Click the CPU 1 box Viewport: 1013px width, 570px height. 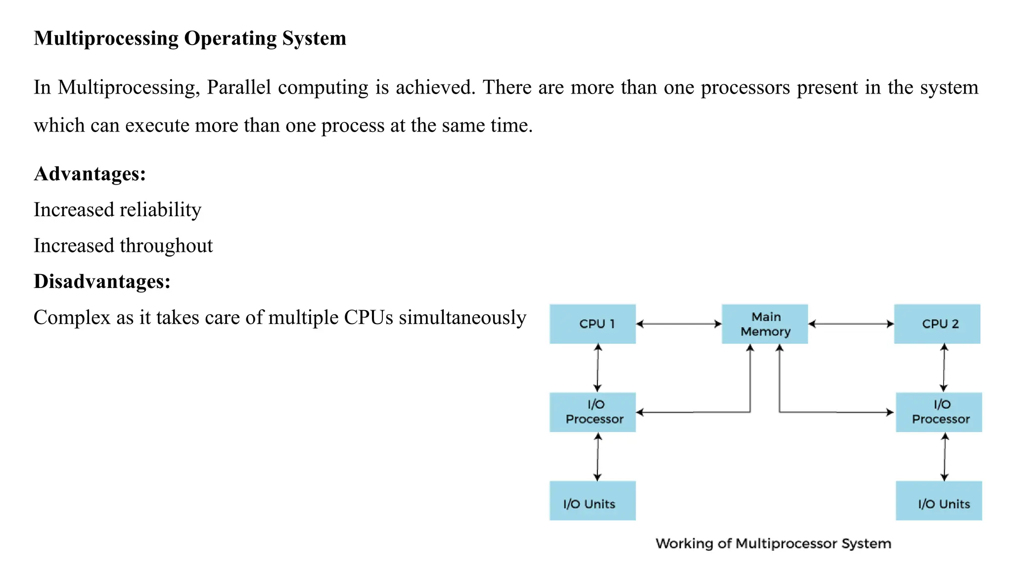pos(593,324)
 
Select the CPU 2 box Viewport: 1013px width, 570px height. pos(937,324)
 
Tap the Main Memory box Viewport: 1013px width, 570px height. pos(765,324)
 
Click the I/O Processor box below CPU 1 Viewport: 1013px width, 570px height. pos(593,412)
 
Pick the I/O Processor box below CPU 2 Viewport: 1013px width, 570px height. pos(938,412)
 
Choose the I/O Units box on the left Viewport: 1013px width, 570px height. pos(593,501)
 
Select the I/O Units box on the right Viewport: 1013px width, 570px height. pos(938,501)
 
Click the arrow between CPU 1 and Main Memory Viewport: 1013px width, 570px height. pos(679,324)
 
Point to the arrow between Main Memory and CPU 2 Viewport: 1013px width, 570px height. pos(851,324)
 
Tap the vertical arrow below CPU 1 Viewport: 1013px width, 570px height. pos(598,368)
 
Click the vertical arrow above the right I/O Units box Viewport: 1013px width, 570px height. pos(944,457)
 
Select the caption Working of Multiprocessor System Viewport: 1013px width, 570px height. pos(773,544)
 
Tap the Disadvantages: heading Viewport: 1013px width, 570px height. pos(102,282)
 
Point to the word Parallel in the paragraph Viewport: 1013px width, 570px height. pos(239,88)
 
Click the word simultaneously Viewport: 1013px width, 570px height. pos(462,318)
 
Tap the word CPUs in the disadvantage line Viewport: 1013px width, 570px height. pos(368,318)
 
